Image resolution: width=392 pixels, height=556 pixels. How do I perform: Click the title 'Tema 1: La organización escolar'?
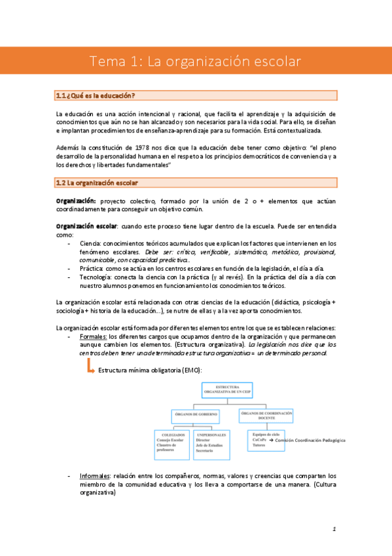click(195, 62)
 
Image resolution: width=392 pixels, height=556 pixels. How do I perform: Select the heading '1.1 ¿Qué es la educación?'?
click(96, 96)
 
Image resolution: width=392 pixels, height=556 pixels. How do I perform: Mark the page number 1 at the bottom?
click(334, 528)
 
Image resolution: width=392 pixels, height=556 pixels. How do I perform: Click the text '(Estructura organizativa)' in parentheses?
click(209, 344)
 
